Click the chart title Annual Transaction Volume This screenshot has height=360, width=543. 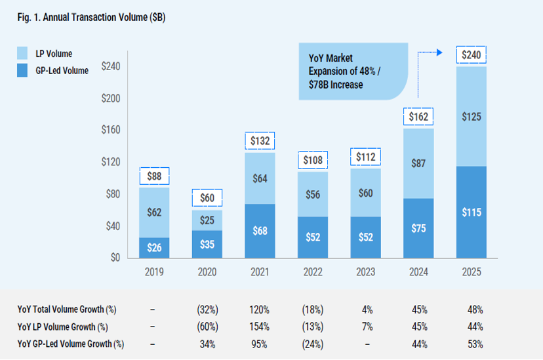(x=91, y=18)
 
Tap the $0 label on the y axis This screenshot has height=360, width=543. (x=116, y=258)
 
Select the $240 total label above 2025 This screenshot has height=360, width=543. (x=472, y=55)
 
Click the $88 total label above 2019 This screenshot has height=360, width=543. (x=154, y=176)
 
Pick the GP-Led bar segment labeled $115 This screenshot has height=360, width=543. (x=472, y=212)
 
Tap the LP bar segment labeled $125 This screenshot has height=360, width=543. (x=472, y=117)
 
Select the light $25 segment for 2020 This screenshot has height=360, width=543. (x=207, y=220)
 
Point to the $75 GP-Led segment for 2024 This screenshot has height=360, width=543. (x=418, y=228)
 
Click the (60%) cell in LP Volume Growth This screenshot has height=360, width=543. (x=207, y=327)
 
